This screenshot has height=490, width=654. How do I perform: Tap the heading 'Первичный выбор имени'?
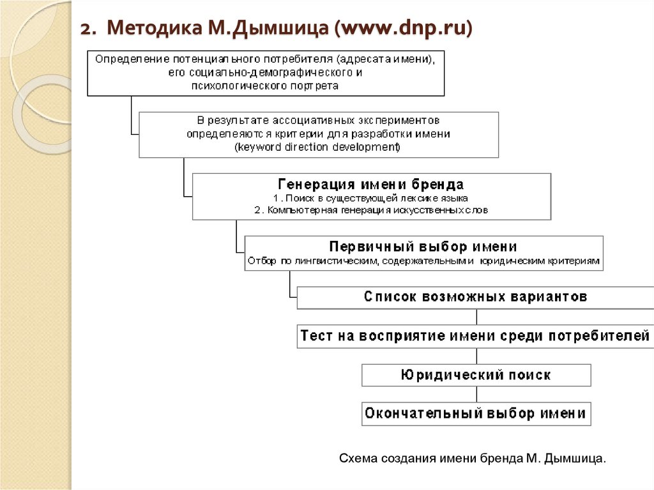pos(423,247)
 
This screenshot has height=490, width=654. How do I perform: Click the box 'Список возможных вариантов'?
pos(476,297)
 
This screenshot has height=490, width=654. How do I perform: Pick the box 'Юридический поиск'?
pos(476,375)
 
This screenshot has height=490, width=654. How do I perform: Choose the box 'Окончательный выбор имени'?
pos(476,413)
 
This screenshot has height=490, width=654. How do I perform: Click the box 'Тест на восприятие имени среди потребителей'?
pos(476,336)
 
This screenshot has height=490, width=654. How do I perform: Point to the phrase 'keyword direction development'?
pos(318,147)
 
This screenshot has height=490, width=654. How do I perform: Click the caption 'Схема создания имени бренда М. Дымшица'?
pos(472,459)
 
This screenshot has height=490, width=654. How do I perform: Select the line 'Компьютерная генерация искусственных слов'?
pos(371,210)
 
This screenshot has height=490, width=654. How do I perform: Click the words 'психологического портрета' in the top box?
pos(265,84)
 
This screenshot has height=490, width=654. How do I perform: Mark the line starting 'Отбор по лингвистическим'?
pos(423,261)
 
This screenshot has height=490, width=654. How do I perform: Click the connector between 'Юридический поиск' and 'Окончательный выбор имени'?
pos(476,394)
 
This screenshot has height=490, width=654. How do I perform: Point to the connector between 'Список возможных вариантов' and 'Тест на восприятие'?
pos(476,316)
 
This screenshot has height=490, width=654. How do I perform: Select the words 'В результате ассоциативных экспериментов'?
pos(318,120)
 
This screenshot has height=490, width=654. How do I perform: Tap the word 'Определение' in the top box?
pos(125,58)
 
